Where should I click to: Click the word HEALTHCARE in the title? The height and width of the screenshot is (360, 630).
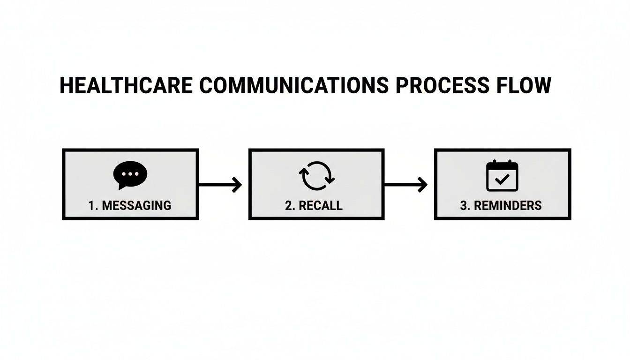[126, 86]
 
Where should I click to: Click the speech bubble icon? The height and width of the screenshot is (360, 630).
[130, 175]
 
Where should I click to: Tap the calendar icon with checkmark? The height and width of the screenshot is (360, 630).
[502, 175]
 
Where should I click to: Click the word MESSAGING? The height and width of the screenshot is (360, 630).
[136, 205]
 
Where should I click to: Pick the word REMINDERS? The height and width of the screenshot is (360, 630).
[507, 205]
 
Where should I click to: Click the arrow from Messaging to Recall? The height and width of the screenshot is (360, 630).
[220, 185]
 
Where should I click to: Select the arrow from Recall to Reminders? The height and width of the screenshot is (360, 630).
[405, 185]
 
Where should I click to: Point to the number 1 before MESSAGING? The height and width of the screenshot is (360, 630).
[90, 205]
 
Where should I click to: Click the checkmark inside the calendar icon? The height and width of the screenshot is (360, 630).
[502, 179]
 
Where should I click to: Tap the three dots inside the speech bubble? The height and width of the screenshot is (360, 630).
[130, 173]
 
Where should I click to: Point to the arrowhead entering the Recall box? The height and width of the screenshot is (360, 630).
[237, 185]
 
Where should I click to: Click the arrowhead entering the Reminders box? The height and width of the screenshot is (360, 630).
[423, 185]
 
